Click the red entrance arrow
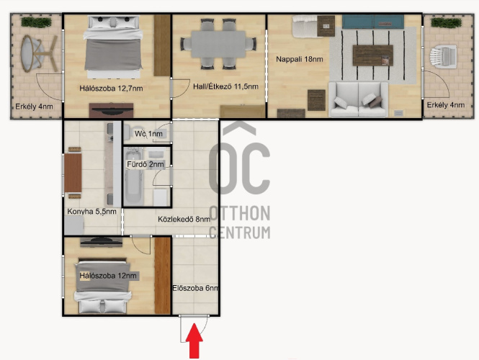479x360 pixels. pyautogui.click(x=194, y=341)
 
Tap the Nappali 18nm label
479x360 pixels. pyautogui.click(x=300, y=59)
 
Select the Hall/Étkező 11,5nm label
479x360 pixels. pyautogui.click(x=225, y=86)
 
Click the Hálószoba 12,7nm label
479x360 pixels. pyautogui.click(x=111, y=89)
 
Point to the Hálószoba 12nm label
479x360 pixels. pyautogui.click(x=108, y=276)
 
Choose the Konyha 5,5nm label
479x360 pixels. pyautogui.click(x=91, y=211)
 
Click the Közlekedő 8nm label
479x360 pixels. pyautogui.click(x=184, y=219)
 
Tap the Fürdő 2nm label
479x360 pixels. pyautogui.click(x=146, y=164)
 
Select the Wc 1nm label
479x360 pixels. pyautogui.click(x=149, y=134)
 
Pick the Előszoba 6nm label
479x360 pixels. pyautogui.click(x=195, y=288)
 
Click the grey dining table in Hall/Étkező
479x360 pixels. pyautogui.click(x=218, y=44)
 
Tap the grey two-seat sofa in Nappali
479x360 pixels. pyautogui.click(x=358, y=99)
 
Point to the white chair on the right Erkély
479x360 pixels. pyautogui.click(x=443, y=57)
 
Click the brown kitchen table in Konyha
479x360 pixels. pyautogui.click(x=73, y=173)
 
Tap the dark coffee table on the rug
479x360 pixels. pyautogui.click(x=373, y=55)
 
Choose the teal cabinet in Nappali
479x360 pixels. pyautogui.click(x=372, y=22)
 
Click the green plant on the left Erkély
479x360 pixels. pyautogui.click(x=36, y=22)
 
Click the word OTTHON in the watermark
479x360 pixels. pyautogui.click(x=240, y=213)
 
